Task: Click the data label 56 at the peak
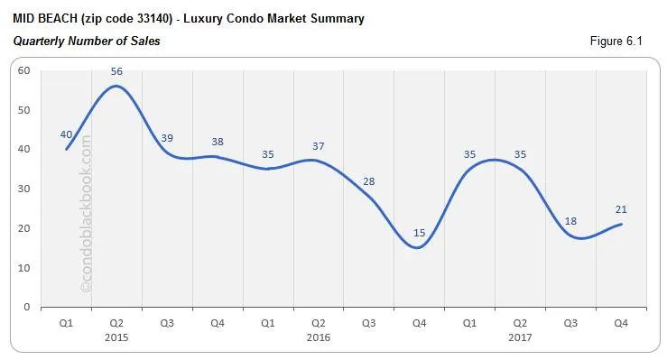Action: point(116,71)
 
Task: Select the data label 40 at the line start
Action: point(66,134)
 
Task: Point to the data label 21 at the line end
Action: point(621,210)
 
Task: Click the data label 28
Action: point(368,181)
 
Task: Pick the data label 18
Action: point(570,221)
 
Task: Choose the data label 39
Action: point(167,138)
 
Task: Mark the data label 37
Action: point(318,146)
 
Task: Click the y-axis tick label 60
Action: point(24,71)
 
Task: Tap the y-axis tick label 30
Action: point(24,189)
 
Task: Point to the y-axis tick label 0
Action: point(27,307)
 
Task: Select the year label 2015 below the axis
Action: point(116,337)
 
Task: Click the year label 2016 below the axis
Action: point(318,337)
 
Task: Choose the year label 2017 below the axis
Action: point(520,337)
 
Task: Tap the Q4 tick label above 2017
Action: point(621,323)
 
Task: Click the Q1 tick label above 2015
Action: point(66,323)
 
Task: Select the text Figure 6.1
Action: point(616,42)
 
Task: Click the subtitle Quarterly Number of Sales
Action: point(87,42)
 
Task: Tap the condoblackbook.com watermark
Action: point(87,214)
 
